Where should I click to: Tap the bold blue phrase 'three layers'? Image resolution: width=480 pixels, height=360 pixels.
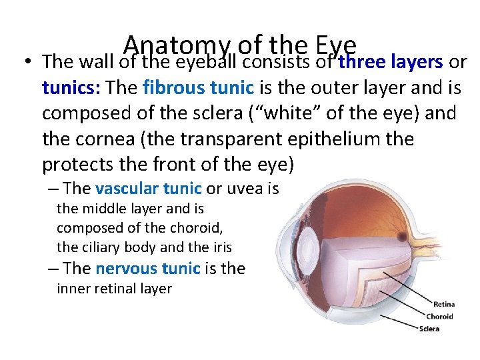click(391, 62)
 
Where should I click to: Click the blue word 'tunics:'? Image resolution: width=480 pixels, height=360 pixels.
click(71, 87)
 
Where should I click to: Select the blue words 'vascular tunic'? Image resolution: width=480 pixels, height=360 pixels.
click(149, 189)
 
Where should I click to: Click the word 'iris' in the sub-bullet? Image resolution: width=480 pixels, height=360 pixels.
click(222, 247)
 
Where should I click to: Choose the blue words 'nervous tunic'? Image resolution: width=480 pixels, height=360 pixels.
click(147, 269)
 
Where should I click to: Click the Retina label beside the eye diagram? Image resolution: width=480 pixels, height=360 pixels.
click(444, 305)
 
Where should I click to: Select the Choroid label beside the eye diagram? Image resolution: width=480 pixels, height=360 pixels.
click(440, 316)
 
